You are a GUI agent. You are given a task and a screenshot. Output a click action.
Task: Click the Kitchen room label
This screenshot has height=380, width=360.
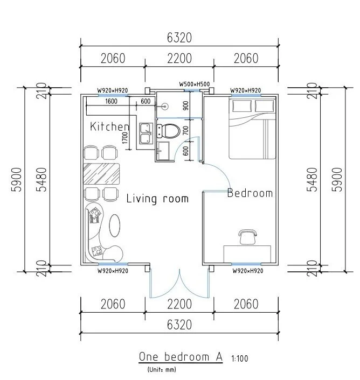click(109, 126)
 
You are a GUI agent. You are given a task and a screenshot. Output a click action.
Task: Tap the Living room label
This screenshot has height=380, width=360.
click(157, 199)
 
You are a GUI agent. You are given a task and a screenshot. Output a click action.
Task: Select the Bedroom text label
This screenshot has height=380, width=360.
click(250, 193)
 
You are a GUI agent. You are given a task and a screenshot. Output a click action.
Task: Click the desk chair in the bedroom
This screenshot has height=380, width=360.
click(247, 237)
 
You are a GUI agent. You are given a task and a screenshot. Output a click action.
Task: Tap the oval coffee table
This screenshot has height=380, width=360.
click(114, 226)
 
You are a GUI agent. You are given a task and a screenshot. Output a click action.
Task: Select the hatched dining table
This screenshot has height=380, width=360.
click(101, 174)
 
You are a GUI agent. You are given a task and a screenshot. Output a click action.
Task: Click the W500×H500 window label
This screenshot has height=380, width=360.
click(195, 84)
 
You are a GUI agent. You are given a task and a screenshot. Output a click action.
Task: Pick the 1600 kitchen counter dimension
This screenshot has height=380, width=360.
click(112, 101)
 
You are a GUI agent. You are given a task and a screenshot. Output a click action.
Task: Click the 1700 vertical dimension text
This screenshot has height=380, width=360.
click(124, 138)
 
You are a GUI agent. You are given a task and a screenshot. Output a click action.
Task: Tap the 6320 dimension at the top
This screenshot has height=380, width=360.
click(179, 38)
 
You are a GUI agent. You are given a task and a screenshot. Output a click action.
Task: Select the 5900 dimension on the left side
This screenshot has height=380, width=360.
click(17, 180)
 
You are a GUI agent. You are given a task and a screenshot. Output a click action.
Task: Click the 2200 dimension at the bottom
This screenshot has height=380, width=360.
click(179, 304)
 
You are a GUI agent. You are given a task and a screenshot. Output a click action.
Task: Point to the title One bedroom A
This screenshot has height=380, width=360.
click(181, 357)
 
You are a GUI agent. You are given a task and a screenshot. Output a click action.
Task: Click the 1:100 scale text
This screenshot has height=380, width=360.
click(240, 358)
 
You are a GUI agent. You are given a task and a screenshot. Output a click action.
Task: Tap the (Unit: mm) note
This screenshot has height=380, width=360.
click(162, 370)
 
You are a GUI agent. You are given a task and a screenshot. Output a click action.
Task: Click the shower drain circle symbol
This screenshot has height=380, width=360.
click(165, 106)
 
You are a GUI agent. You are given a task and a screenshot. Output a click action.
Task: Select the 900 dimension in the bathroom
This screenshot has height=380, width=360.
click(185, 105)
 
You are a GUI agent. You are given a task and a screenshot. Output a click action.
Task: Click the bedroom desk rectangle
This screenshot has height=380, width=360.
click(247, 254)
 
